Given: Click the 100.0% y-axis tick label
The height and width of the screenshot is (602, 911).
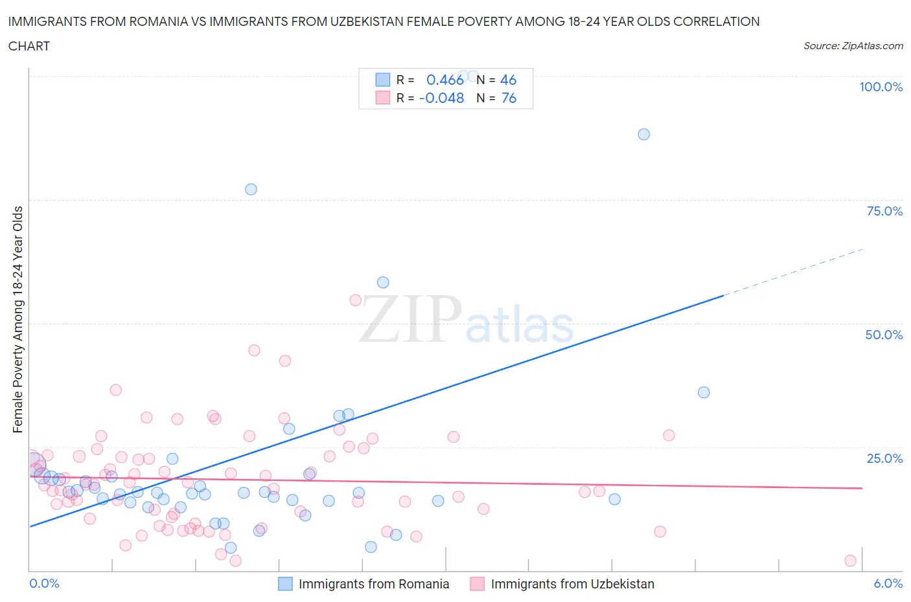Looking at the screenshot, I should [881, 87].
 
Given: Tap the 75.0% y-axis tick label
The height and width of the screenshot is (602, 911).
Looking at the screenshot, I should [884, 211].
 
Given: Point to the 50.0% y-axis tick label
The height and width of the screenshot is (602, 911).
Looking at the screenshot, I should [884, 335].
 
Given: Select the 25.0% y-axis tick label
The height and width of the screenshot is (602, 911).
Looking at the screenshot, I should [884, 458].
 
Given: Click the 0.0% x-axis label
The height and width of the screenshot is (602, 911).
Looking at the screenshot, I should [44, 583].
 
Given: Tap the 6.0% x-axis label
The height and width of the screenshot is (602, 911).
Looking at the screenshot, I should [888, 583].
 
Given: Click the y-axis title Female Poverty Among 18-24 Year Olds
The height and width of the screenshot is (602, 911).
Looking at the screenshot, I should [17, 319].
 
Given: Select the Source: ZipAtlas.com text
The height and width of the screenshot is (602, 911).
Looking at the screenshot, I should [853, 46].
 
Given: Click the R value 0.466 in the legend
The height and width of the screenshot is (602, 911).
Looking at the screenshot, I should [444, 80].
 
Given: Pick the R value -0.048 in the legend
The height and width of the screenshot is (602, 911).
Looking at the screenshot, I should [441, 98].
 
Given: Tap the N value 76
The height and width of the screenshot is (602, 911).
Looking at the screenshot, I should [509, 98].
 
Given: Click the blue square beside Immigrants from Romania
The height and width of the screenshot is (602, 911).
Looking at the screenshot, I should [285, 584].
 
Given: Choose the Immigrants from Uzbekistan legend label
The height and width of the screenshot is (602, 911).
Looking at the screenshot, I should [572, 584].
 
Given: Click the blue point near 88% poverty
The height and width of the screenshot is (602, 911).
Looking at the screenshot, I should [643, 134].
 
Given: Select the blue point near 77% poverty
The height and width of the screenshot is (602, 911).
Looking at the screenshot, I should [251, 189].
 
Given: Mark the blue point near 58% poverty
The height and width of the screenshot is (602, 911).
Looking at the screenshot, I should [383, 282].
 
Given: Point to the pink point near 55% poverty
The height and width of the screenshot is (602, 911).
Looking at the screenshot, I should [355, 300].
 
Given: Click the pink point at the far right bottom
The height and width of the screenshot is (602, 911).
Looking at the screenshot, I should [850, 561].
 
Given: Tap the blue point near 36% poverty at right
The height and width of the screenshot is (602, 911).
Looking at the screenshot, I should [704, 392].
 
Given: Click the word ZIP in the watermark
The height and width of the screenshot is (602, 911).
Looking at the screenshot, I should [410, 318].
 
